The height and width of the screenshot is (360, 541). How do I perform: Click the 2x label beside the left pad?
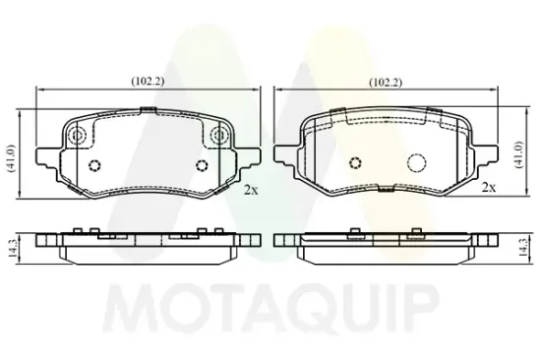(x=250, y=192)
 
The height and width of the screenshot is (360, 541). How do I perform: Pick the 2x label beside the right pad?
(x=489, y=187)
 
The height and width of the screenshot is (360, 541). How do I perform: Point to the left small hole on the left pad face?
(x=95, y=164)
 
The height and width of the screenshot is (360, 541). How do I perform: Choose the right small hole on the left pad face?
(x=202, y=164)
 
